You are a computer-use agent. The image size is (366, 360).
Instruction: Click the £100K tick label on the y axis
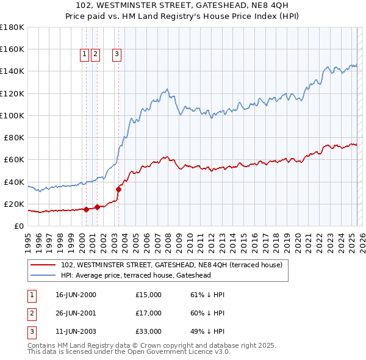point(12,115)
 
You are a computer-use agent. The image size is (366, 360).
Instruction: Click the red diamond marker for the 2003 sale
point(118,189)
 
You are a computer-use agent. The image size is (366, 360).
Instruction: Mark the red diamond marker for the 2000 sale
point(86,209)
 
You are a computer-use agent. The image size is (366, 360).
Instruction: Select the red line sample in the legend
point(43,265)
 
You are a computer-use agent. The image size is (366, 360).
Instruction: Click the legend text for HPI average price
point(144,275)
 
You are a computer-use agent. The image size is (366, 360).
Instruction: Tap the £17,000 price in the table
point(148,313)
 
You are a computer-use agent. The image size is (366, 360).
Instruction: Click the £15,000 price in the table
point(148,295)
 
